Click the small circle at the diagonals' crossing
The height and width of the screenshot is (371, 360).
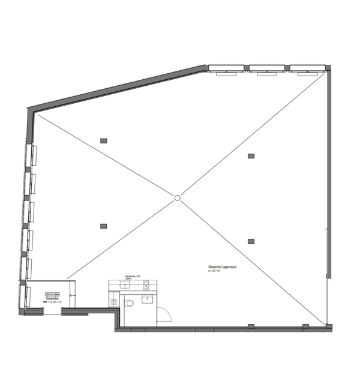click(177, 198)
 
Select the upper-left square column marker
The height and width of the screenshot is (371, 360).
click(103, 140)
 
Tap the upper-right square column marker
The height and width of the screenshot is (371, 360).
click(251, 155)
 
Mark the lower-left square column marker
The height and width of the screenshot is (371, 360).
click(103, 226)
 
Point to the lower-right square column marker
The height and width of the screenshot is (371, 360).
click(251, 241)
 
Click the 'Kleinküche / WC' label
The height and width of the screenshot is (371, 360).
click(133, 276)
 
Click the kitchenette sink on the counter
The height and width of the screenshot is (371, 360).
click(125, 286)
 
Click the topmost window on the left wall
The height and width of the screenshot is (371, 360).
click(29, 157)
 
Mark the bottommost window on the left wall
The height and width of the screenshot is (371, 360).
click(24, 296)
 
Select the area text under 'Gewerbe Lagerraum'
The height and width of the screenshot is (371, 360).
click(215, 271)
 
